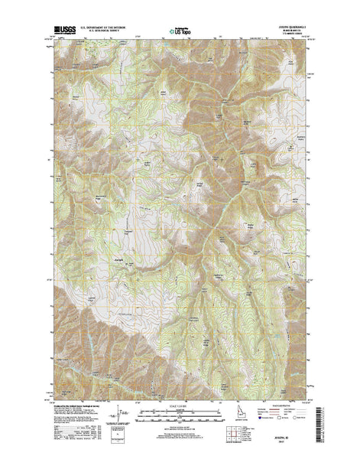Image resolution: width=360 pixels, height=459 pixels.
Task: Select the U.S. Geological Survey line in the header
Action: pyautogui.click(x=108, y=32)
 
